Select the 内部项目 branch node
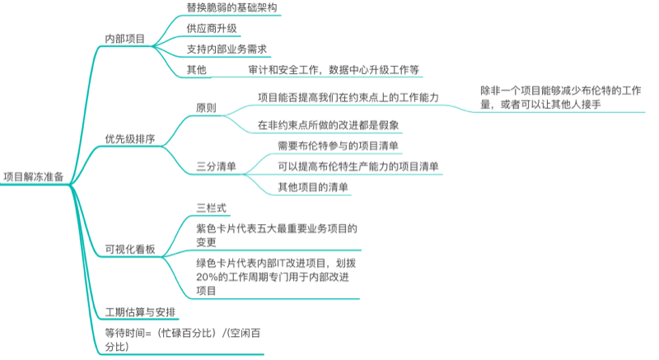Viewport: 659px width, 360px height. point(124,39)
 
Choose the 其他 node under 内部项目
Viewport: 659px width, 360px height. point(196,69)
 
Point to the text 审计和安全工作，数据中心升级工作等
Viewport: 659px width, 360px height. point(334,69)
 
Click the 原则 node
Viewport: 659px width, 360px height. point(206,107)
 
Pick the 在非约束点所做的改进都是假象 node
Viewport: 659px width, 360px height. point(329,125)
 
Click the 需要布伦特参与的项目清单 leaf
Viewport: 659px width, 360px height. point(339,146)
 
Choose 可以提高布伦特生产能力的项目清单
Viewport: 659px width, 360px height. point(358,166)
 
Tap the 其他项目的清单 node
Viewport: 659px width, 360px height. point(313,187)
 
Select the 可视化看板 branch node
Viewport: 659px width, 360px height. point(130,248)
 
